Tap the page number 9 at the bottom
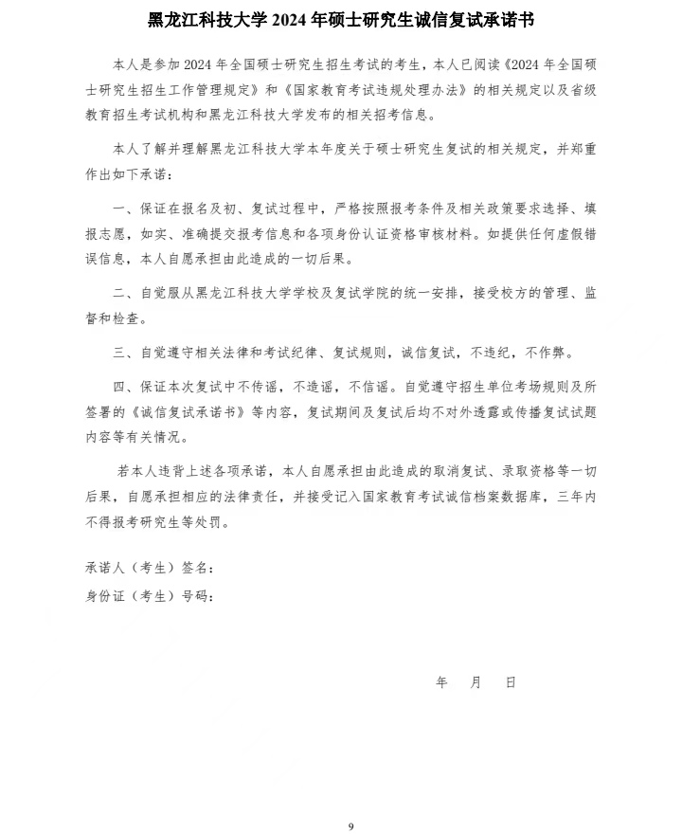(x=350, y=826)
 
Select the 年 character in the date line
(x=441, y=682)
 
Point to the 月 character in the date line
(x=476, y=682)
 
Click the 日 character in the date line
(x=511, y=682)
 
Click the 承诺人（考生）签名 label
(x=149, y=568)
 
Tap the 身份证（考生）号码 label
(x=149, y=596)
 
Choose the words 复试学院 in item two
(x=388, y=294)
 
